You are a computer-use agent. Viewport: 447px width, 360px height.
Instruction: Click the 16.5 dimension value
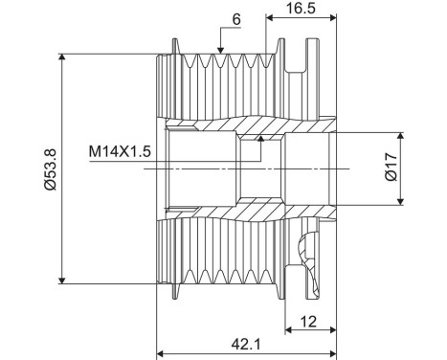tap(301, 8)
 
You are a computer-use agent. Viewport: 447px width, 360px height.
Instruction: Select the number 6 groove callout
tap(236, 20)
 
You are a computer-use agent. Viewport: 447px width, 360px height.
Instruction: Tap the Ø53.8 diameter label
tap(51, 169)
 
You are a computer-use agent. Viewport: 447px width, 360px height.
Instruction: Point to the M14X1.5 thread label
tap(120, 151)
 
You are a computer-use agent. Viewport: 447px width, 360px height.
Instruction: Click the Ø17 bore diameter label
tap(391, 167)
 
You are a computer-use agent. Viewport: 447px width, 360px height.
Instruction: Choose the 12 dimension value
tap(308, 322)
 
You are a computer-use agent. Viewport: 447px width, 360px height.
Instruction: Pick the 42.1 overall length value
tap(246, 345)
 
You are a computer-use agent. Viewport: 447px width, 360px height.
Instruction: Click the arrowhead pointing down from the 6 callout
tap(220, 50)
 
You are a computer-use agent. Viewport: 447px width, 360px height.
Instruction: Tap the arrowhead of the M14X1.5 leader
tap(261, 138)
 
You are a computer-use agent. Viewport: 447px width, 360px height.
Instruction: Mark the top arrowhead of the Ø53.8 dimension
tap(62, 57)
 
